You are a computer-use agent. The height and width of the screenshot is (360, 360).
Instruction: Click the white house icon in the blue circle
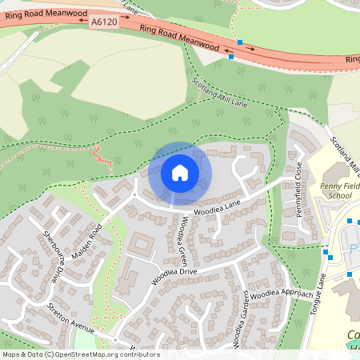[x=179, y=172]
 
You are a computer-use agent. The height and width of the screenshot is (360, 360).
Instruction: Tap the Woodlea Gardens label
[x=240, y=325]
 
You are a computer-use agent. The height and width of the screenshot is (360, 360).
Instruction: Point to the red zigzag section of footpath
[x=101, y=156]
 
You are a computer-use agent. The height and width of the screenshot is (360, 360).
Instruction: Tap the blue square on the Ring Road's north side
[x=238, y=41]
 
